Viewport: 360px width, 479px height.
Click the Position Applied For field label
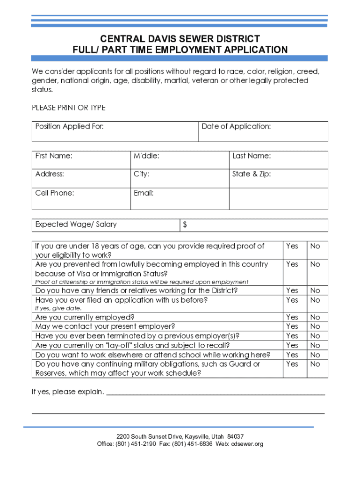pos(70,127)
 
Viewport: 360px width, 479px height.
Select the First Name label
pos(54,156)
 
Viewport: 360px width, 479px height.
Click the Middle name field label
pos(146,156)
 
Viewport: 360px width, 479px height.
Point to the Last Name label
pos(252,156)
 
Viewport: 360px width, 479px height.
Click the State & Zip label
pos(252,174)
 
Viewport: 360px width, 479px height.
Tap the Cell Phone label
pos(55,193)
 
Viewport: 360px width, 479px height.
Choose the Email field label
pos(144,193)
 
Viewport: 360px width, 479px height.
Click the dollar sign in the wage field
pos(185,225)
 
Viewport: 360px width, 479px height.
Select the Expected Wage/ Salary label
pos(76,225)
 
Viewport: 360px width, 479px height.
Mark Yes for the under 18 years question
pos(292,246)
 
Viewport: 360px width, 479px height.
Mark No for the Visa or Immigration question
pos(315,264)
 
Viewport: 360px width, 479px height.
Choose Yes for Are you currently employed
pos(292,317)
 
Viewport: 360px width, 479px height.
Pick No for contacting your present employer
pos(315,327)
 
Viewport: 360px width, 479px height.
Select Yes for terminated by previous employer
pos(292,336)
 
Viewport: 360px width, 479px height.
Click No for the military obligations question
pos(315,364)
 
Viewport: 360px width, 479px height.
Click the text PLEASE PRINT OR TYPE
pos(69,108)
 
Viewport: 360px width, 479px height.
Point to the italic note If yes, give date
pos(58,309)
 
